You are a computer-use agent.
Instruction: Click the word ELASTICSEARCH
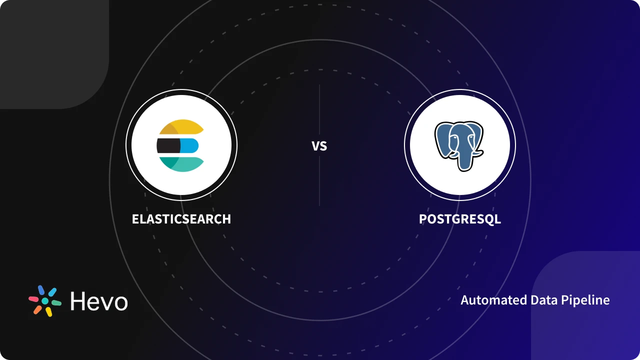click(x=181, y=219)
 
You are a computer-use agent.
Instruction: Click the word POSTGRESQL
click(x=459, y=219)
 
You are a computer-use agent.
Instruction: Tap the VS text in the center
click(x=319, y=146)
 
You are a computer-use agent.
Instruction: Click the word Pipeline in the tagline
click(x=585, y=300)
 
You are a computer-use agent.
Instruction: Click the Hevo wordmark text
click(x=99, y=301)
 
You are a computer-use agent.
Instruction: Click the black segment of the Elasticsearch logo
click(x=168, y=145)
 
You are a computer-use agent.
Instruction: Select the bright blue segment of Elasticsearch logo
click(x=189, y=145)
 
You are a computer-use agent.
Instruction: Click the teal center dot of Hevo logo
click(x=45, y=301)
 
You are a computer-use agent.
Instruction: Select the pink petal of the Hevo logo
click(x=33, y=299)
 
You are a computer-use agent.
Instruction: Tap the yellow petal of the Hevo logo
click(x=48, y=312)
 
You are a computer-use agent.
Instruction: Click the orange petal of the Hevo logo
click(x=37, y=309)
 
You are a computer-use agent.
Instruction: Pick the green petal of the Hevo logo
click(x=56, y=303)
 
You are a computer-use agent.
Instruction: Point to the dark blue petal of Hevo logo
click(x=41, y=290)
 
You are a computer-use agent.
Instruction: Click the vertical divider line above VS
click(x=319, y=110)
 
